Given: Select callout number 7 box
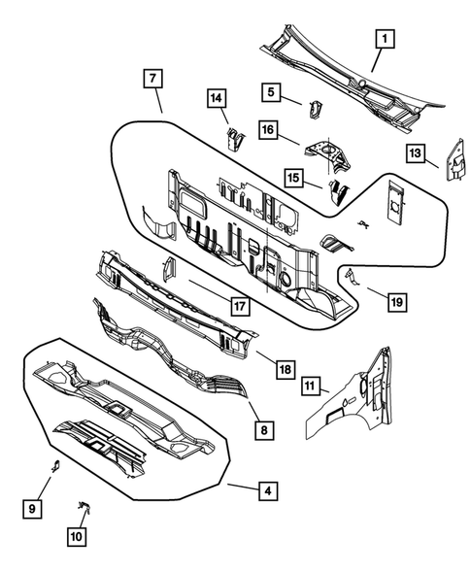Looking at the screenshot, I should point(151,79).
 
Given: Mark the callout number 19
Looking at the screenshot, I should point(394,302).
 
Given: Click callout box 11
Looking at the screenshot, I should point(310,387).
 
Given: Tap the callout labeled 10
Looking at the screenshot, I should point(77,534).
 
